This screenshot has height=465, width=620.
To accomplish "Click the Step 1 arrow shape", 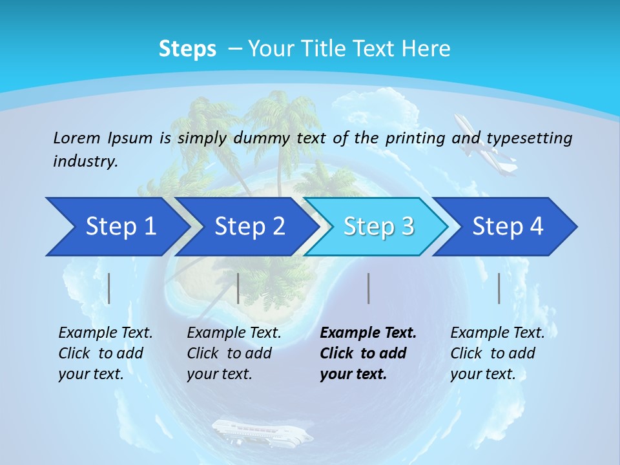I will (x=116, y=227).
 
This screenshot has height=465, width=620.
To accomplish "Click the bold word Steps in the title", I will (x=187, y=49).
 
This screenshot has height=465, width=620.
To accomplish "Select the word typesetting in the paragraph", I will (x=529, y=138).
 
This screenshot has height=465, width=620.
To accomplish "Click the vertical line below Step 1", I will (x=109, y=288).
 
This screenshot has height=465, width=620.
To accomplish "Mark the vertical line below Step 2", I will (x=238, y=288).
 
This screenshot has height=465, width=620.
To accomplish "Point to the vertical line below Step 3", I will (x=368, y=288).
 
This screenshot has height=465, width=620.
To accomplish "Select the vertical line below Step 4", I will (x=499, y=288).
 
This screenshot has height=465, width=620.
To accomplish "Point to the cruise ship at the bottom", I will (x=262, y=432).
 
